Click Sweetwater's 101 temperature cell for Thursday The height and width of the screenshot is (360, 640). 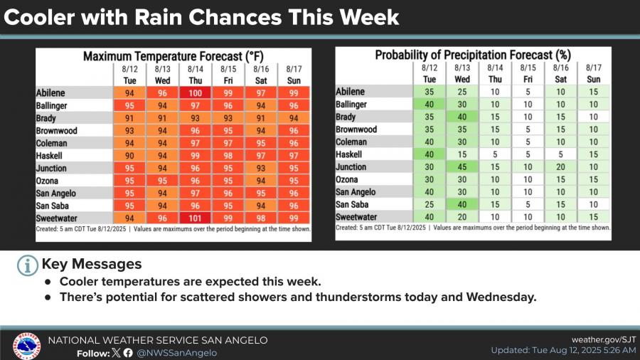tap(195, 218)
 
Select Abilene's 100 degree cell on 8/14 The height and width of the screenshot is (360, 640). tap(195, 92)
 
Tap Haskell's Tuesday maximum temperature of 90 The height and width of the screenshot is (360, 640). tap(129, 156)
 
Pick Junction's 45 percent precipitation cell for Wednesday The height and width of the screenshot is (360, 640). tap(462, 168)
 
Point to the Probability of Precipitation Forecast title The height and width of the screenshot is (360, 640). tap(473, 55)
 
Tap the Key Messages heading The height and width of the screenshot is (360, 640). tap(92, 265)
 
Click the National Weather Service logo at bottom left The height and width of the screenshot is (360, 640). tap(27, 346)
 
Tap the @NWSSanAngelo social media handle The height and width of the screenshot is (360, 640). tap(177, 352)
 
